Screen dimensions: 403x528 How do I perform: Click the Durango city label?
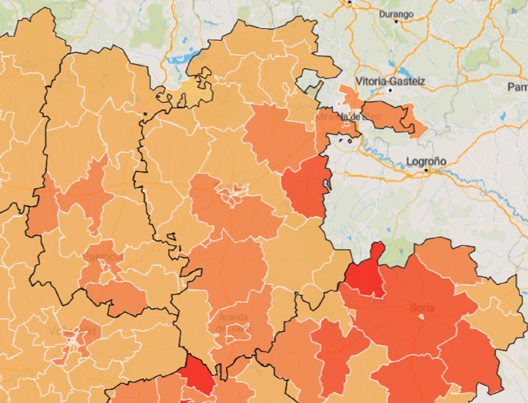click(396, 14)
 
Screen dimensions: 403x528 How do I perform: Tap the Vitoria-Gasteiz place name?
click(390, 81)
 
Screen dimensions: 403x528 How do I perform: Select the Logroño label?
click(426, 161)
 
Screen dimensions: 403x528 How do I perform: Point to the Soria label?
click(422, 308)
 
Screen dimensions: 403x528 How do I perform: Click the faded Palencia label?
click(103, 257)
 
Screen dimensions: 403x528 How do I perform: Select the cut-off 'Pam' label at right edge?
click(517, 87)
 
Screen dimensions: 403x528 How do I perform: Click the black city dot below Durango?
click(396, 22)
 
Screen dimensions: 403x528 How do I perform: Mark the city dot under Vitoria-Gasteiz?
click(390, 90)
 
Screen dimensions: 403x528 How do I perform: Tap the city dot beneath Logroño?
click(426, 170)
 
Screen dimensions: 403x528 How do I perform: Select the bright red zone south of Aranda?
click(198, 374)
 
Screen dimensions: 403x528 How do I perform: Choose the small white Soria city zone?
click(421, 317)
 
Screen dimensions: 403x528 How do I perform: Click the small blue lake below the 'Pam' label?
click(502, 116)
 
